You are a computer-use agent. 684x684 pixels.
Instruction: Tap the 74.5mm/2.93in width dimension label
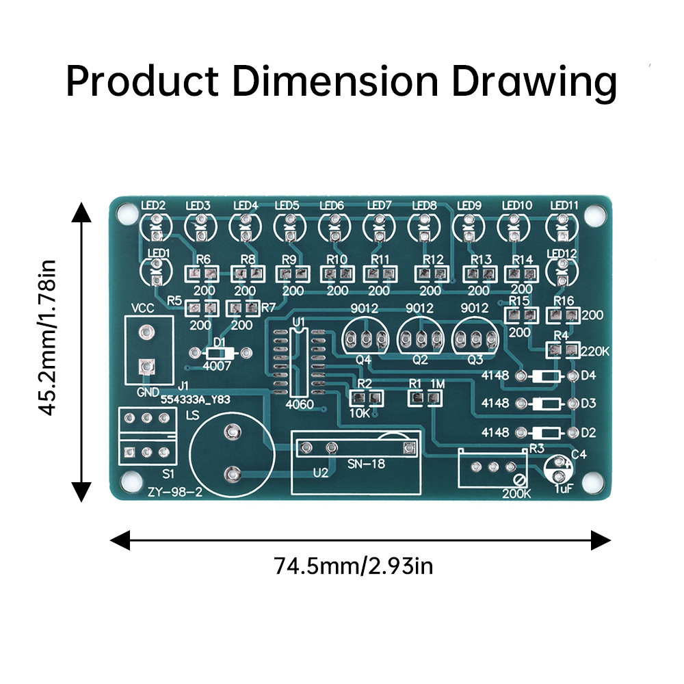pyautogui.click(x=354, y=566)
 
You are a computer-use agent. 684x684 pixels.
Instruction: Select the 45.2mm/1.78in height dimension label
pyautogui.click(x=47, y=338)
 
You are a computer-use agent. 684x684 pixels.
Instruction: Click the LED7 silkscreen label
pyautogui.click(x=380, y=205)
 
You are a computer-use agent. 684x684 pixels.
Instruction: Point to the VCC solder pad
pyautogui.click(x=146, y=332)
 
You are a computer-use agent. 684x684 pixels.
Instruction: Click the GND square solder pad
pyautogui.click(x=146, y=367)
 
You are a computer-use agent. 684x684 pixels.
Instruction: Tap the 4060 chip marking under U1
pyautogui.click(x=300, y=404)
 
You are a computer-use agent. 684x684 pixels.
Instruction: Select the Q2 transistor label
pyautogui.click(x=420, y=360)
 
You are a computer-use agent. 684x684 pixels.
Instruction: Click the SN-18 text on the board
pyautogui.click(x=367, y=464)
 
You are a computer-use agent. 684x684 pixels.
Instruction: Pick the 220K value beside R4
pyautogui.click(x=595, y=351)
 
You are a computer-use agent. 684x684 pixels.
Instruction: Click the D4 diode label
pyautogui.click(x=588, y=375)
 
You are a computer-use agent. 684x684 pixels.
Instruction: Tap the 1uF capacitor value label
pyautogui.click(x=563, y=488)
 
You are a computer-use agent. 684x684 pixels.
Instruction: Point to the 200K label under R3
pyautogui.click(x=516, y=494)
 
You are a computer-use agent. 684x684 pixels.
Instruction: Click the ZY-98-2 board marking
pyautogui.click(x=175, y=492)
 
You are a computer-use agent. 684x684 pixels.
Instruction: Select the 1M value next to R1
pyautogui.click(x=438, y=384)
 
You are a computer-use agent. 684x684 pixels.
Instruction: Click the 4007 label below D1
pyautogui.click(x=217, y=365)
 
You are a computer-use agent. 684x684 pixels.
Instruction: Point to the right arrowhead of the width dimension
pyautogui.click(x=601, y=540)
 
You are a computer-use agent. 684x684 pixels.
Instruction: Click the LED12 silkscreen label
pyautogui.click(x=562, y=254)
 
